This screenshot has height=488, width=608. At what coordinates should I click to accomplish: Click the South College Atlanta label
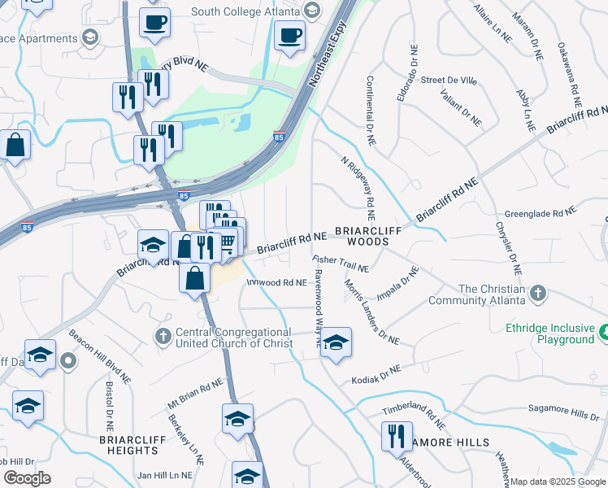pyautogui.click(x=244, y=11)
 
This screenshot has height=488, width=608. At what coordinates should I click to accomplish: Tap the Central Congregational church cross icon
pyautogui.click(x=163, y=335)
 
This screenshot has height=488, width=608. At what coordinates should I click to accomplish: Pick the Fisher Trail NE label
pyautogui.click(x=341, y=263)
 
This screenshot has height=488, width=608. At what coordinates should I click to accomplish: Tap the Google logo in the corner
pyautogui.click(x=27, y=478)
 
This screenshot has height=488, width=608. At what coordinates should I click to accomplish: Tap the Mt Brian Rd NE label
pyautogui.click(x=195, y=394)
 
